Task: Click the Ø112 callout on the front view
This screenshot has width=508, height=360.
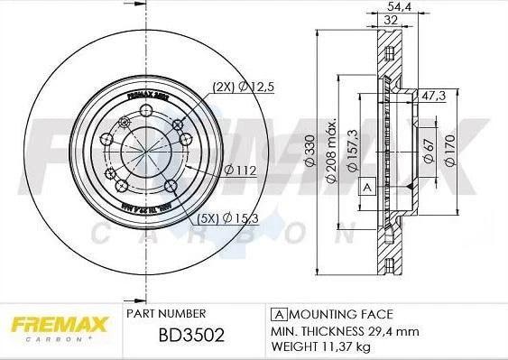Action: pos(237,170)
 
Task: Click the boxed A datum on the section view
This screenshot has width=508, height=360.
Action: pos(367,188)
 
